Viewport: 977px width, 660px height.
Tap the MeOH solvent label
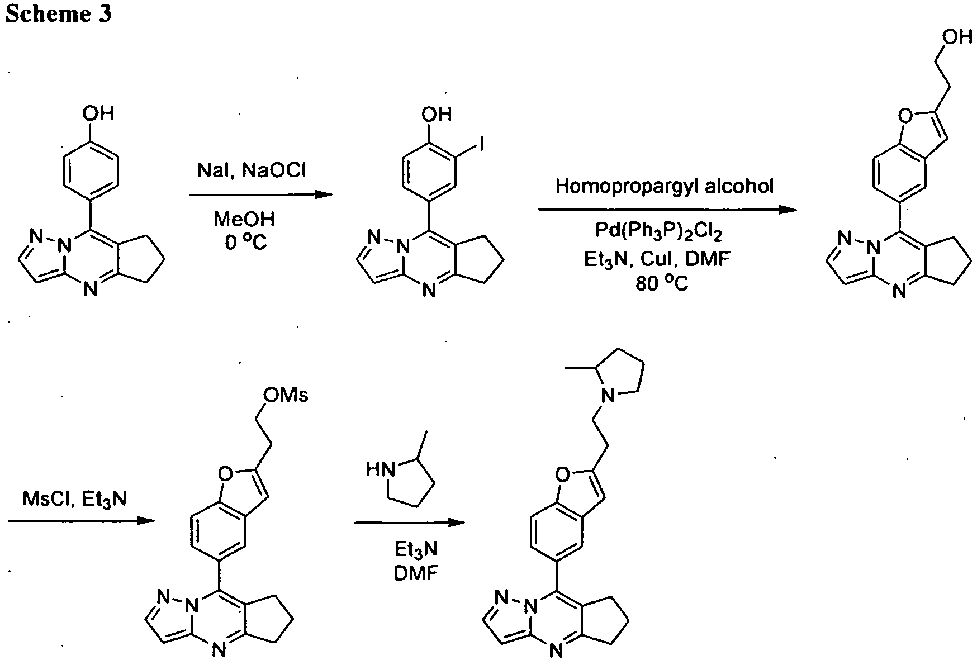[x=244, y=219]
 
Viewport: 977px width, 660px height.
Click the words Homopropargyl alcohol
[x=665, y=186]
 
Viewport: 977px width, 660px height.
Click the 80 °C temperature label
[x=662, y=283]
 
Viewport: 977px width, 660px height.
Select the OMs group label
[x=285, y=395]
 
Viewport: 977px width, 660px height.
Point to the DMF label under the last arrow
[x=416, y=573]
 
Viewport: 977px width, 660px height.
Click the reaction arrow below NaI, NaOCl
[x=261, y=195]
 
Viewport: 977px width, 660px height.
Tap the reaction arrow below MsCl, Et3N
[x=81, y=521]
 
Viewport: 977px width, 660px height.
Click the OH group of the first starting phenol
[x=98, y=113]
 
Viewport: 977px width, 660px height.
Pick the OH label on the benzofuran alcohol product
[x=957, y=37]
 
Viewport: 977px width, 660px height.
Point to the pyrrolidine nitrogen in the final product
[x=609, y=396]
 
